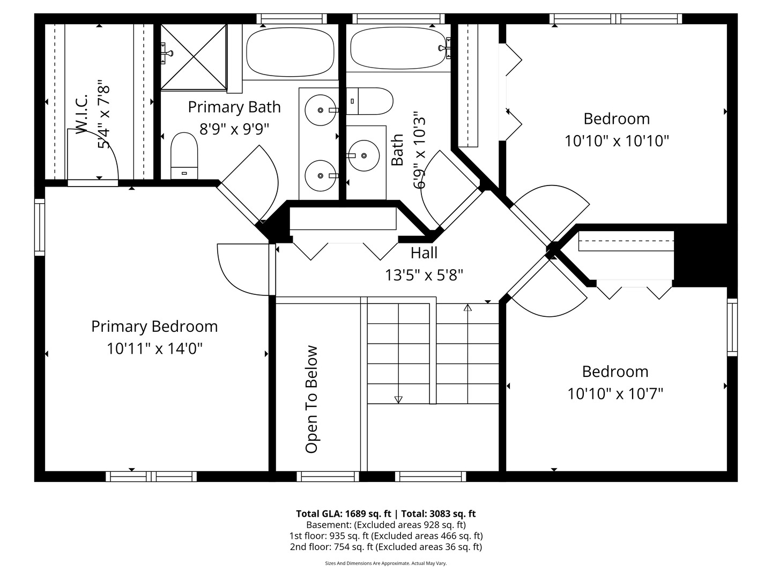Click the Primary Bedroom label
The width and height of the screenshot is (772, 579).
[154, 326]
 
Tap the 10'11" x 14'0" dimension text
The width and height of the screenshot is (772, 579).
[154, 349]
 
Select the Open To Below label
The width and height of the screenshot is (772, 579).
[311, 399]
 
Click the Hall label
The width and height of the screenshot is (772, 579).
[424, 253]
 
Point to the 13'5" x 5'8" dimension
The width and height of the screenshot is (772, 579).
[424, 275]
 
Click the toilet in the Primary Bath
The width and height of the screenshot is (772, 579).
[184, 155]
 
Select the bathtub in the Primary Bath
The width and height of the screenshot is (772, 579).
[290, 53]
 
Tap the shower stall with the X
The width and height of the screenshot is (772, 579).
[194, 56]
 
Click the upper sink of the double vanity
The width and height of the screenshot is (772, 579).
[321, 110]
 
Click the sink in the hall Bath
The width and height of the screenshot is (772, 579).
[363, 156]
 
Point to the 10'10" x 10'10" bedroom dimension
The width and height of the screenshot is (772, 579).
[617, 141]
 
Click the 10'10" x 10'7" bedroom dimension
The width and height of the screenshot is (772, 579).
[615, 394]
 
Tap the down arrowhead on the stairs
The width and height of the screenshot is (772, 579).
[398, 399]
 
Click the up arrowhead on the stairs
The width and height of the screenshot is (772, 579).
[467, 308]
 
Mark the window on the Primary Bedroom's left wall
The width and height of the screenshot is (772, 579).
[40, 227]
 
